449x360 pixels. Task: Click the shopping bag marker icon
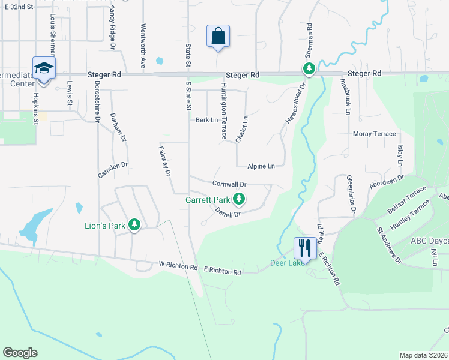pyautogui.click(x=217, y=36)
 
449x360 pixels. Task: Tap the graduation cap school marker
pyautogui.click(x=44, y=68)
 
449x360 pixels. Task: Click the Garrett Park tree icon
pyautogui.click(x=240, y=199)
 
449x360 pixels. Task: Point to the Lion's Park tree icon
pyautogui.click(x=135, y=225)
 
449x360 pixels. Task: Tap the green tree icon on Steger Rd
pyautogui.click(x=309, y=69)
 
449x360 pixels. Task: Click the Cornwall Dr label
pyautogui.click(x=229, y=184)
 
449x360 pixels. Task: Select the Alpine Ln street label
pyautogui.click(x=261, y=166)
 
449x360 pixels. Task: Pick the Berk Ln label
pyautogui.click(x=206, y=120)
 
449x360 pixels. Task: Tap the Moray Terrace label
pyautogui.click(x=375, y=134)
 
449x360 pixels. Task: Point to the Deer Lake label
pyautogui.click(x=285, y=263)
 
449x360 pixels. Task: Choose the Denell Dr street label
pyautogui.click(x=228, y=211)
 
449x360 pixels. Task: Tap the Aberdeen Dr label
pyautogui.click(x=387, y=182)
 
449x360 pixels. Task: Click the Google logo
pyautogui.click(x=20, y=353)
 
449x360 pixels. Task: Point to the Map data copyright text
pyautogui.click(x=423, y=355)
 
